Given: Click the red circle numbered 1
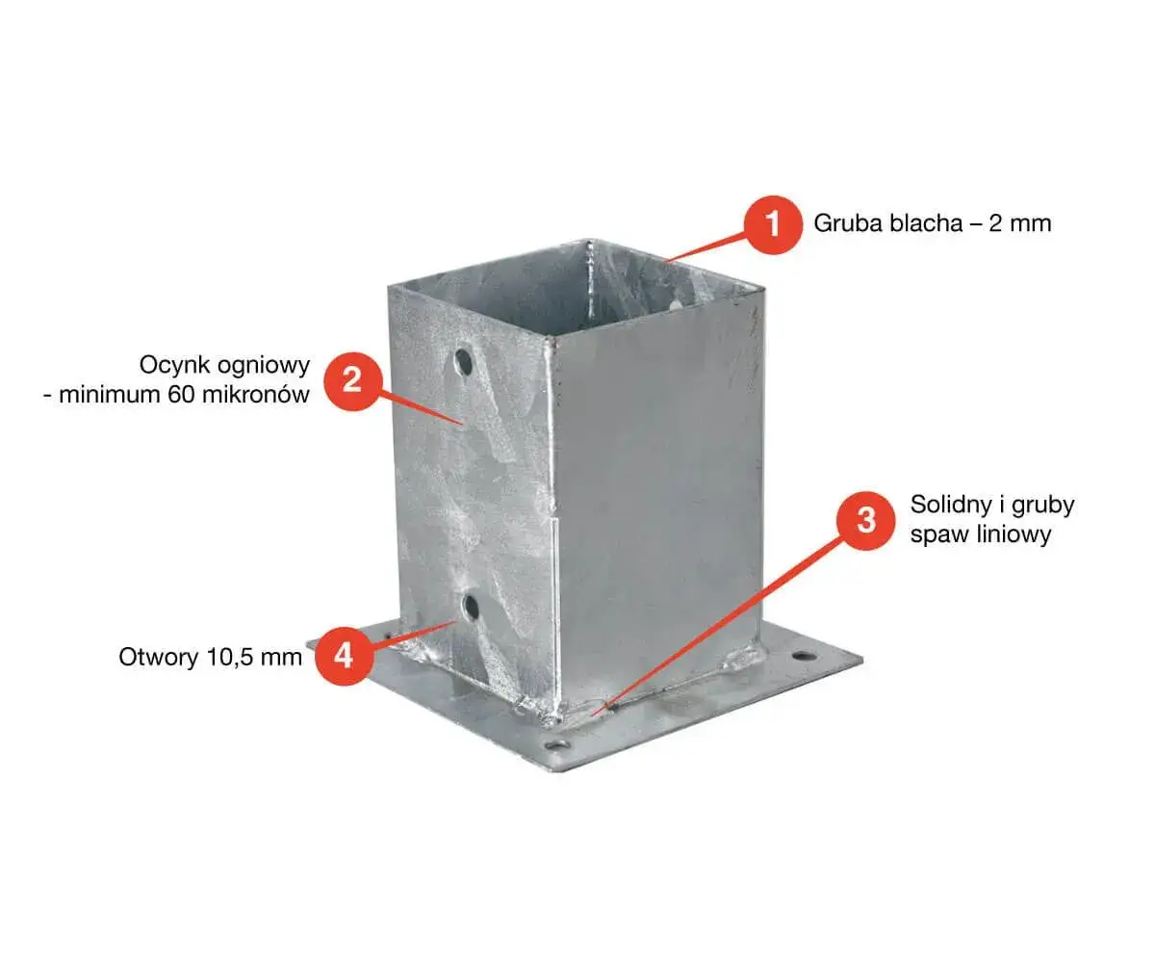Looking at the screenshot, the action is click(x=772, y=224).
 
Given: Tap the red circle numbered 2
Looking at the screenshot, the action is click(x=352, y=381).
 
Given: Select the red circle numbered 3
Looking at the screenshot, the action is click(x=865, y=520).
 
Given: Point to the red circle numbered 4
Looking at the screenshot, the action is click(x=344, y=656).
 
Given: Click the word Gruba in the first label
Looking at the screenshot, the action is click(x=848, y=223).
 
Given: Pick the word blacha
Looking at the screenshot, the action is click(x=926, y=223).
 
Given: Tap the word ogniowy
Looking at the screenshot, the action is click(x=263, y=367).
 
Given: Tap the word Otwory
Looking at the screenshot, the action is click(x=160, y=658).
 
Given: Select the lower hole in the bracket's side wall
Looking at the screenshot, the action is click(x=471, y=608).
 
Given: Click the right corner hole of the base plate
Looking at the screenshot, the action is click(x=805, y=657).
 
